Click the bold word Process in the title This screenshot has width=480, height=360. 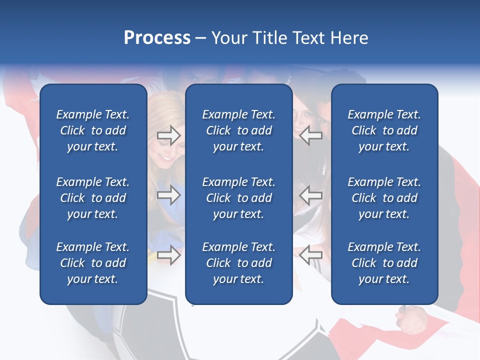point(157,38)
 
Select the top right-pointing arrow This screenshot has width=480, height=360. point(168,135)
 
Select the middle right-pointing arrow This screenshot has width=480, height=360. point(168,194)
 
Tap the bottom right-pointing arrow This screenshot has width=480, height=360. point(168,255)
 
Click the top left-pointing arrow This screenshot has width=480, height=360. point(311,135)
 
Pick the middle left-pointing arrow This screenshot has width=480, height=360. point(311,194)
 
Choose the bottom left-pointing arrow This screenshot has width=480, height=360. point(311,255)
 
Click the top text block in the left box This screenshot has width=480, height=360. point(93,130)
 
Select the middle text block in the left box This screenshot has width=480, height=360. point(93,198)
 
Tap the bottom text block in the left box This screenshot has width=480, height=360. point(93,263)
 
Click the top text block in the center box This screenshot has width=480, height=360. point(238,130)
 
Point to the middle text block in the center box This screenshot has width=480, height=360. point(238,198)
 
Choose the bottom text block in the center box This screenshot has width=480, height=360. point(238,263)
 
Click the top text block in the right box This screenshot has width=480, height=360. point(384,130)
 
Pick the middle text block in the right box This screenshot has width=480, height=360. point(384,198)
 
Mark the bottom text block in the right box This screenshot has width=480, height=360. point(384,263)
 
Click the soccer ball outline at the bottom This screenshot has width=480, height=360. point(150,330)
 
